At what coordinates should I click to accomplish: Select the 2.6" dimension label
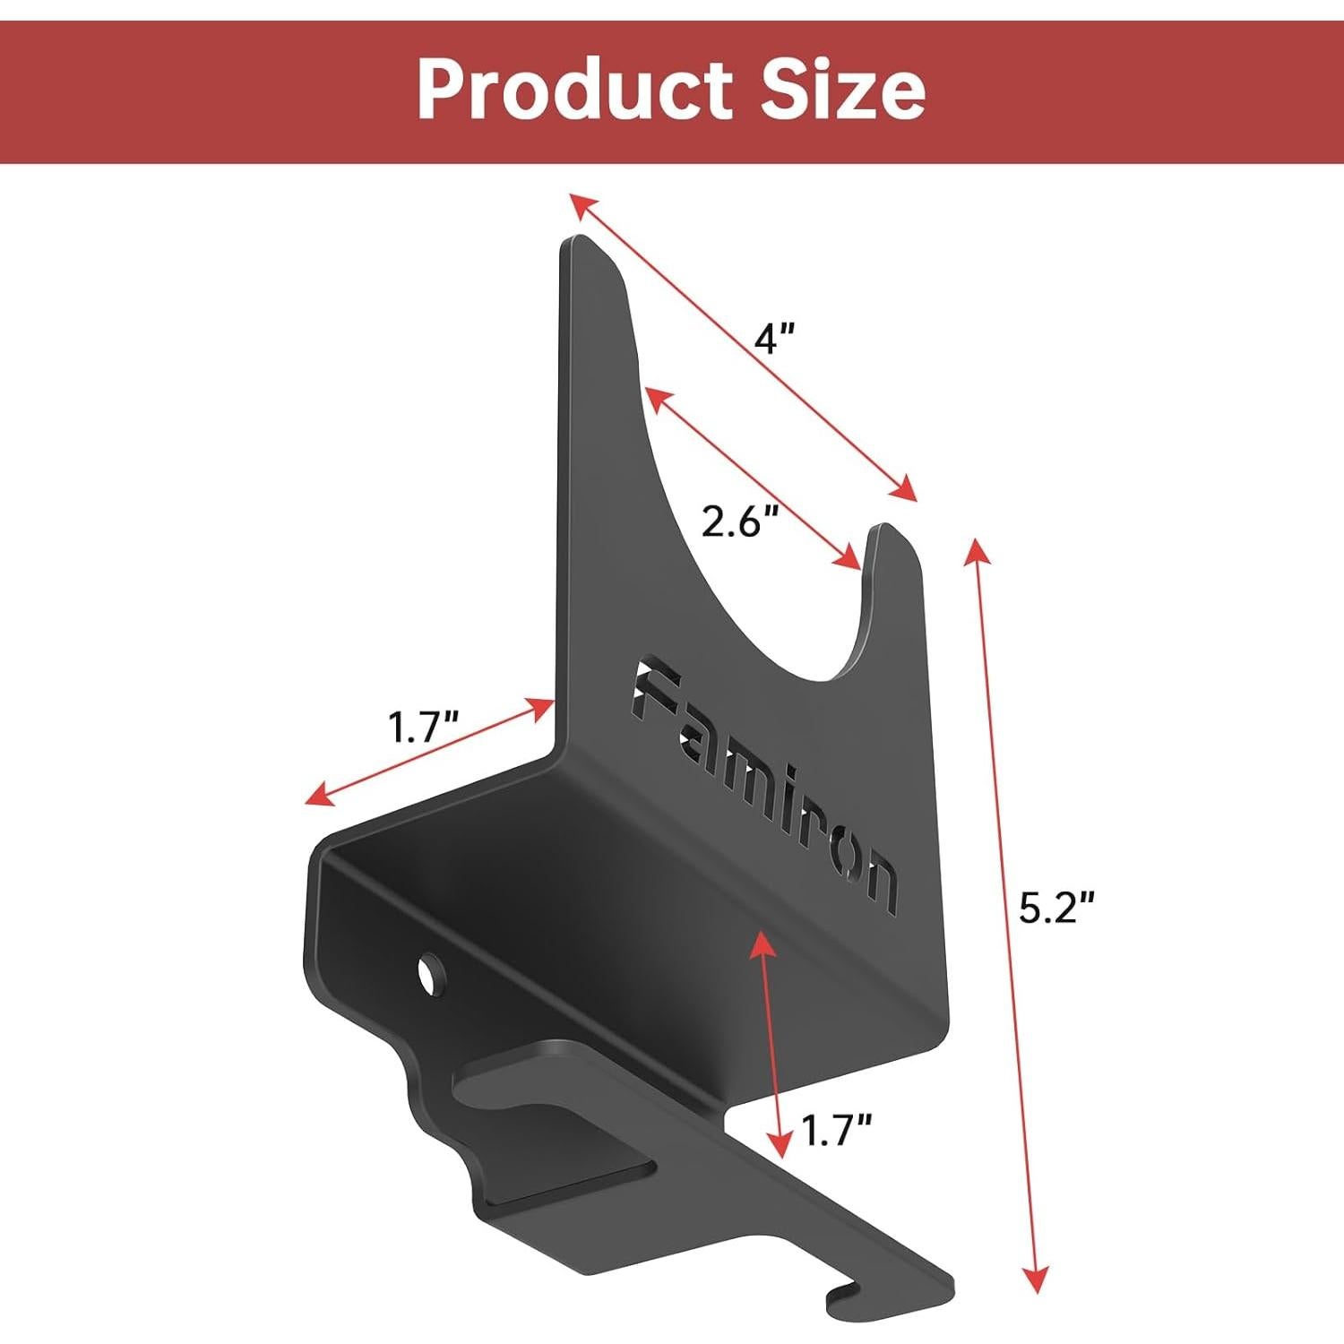coord(737,521)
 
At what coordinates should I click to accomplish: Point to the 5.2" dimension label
coord(1057,911)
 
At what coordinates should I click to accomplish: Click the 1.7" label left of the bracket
coord(423,727)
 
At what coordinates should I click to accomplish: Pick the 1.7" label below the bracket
coord(836,1131)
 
